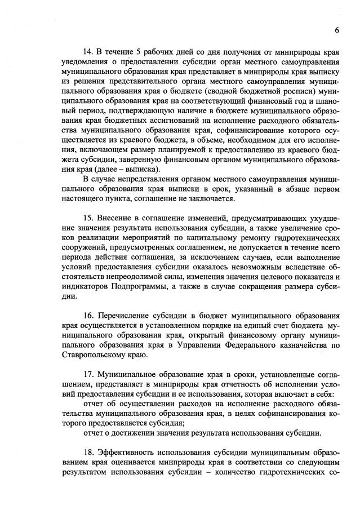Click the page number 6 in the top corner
pyautogui.click(x=336, y=30)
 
